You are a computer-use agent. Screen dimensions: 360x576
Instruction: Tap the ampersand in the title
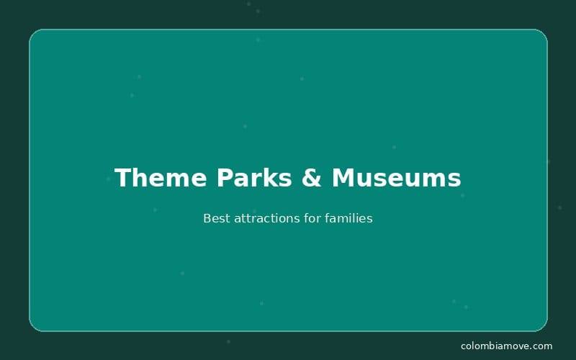click(312, 178)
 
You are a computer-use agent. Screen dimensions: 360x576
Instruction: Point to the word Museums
click(396, 178)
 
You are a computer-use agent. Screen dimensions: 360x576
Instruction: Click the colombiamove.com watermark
click(506, 346)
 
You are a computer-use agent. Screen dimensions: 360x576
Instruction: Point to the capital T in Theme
click(123, 178)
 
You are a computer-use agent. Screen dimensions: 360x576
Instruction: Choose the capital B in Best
click(207, 218)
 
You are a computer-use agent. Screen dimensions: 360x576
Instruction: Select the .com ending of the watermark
click(541, 346)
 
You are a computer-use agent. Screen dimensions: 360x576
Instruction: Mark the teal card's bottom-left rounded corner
click(33, 327)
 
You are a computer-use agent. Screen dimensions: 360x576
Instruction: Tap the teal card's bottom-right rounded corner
click(543, 327)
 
